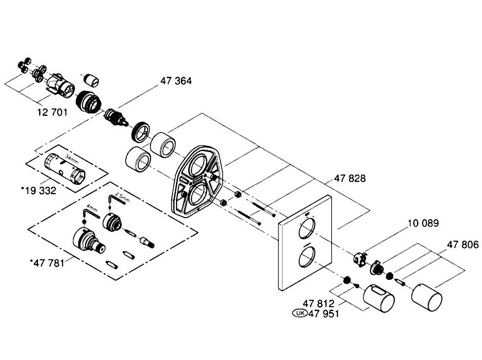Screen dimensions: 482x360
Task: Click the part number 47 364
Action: [x=176, y=81]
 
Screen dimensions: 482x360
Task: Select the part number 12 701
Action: [x=52, y=112]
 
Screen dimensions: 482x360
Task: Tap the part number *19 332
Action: [x=39, y=190]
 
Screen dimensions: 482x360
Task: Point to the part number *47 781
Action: [x=47, y=263]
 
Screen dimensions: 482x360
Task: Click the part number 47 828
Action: [x=350, y=179]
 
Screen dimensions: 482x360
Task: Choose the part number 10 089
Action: [x=423, y=223]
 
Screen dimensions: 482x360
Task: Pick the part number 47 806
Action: [x=462, y=245]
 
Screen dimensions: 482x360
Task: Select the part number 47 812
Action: [x=318, y=304]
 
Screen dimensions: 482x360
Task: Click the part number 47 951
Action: [x=324, y=314]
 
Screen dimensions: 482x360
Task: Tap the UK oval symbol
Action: [x=300, y=313]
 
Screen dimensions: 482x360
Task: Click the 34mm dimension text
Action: [x=72, y=159]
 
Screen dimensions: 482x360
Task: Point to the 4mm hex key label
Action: [x=92, y=209]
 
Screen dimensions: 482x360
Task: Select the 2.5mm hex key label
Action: [x=122, y=197]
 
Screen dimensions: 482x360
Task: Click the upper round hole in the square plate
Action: [x=307, y=229]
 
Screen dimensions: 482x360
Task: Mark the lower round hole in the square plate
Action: [x=307, y=258]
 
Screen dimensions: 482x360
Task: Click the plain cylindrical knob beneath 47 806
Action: [x=427, y=298]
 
